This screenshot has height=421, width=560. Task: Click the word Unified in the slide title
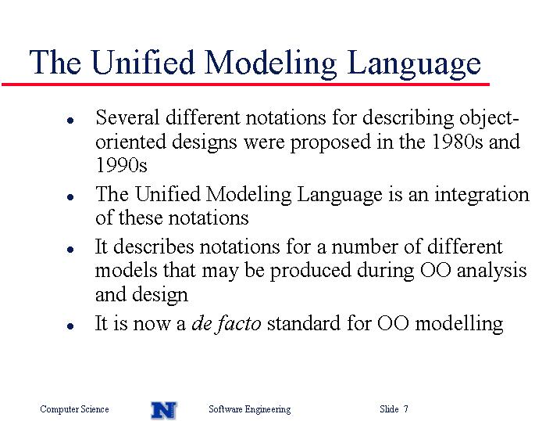point(143,62)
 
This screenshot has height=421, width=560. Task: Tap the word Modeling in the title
point(270,63)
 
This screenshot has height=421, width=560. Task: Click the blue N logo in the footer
point(164,410)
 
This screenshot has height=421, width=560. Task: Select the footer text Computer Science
point(74,409)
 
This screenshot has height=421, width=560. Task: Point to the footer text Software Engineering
point(250,409)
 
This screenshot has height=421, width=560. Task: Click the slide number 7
point(405,408)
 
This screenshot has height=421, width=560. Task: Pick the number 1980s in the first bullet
point(457,142)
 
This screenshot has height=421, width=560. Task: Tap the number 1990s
point(121,165)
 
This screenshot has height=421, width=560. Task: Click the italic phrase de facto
point(226,323)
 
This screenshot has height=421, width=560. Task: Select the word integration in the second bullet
point(482,195)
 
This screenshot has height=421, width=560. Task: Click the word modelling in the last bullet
point(459,324)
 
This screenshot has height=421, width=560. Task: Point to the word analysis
point(491,271)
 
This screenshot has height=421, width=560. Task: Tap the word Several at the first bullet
point(127,117)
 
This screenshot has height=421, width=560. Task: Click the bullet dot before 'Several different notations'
point(70,121)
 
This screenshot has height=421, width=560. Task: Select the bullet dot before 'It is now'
point(70,326)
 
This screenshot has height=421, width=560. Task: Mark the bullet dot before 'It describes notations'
point(70,250)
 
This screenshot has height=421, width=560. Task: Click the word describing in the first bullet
point(408,118)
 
